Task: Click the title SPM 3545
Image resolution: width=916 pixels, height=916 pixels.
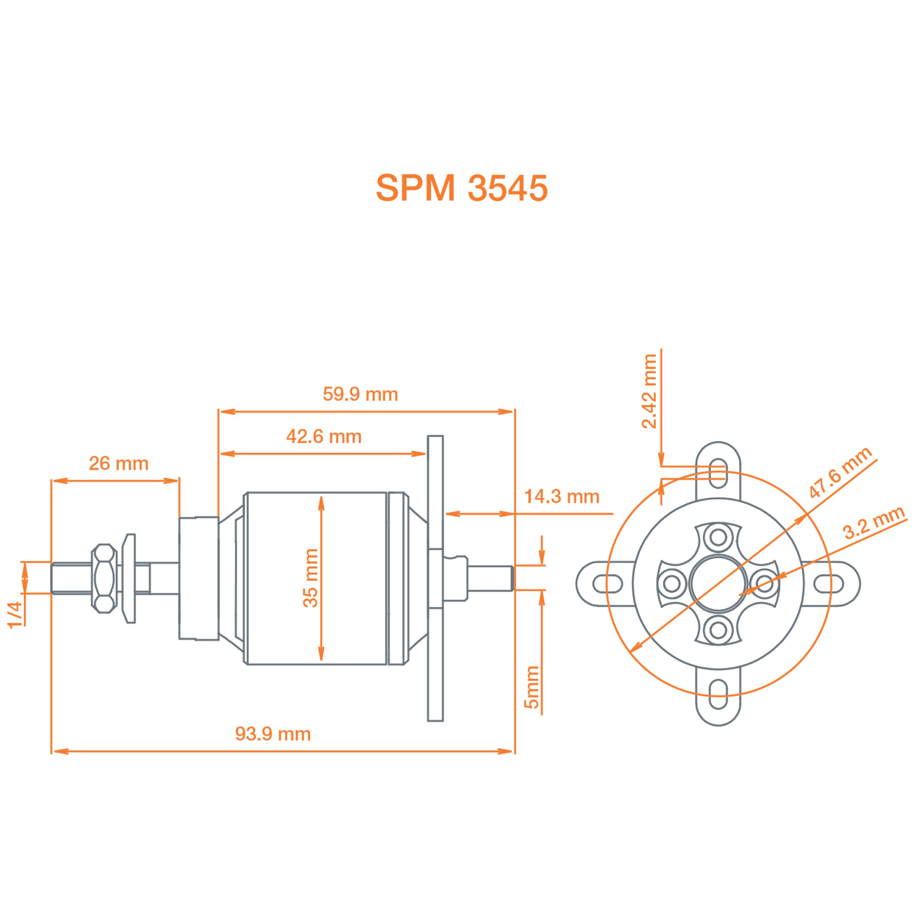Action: (461, 188)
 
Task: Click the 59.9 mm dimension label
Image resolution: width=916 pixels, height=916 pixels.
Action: (360, 394)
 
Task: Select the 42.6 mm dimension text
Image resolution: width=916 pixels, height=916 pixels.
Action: (324, 436)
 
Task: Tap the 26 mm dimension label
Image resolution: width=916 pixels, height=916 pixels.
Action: (119, 463)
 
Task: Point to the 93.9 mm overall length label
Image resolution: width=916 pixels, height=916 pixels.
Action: (273, 734)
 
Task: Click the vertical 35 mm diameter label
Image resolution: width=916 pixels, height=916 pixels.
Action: (311, 578)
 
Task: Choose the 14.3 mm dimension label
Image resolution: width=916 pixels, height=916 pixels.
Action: (562, 497)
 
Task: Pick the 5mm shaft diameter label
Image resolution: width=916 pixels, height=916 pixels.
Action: (531, 687)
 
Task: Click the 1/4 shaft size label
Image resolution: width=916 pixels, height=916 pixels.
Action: (16, 615)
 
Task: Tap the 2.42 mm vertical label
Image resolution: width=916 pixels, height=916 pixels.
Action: (649, 392)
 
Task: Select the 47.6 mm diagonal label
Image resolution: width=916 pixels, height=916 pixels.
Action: (840, 473)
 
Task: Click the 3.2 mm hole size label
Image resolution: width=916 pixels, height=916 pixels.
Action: (874, 523)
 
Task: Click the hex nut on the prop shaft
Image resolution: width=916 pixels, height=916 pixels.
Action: (104, 578)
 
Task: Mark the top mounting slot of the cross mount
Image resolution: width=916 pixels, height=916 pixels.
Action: (718, 473)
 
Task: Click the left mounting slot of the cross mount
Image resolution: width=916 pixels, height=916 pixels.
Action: (607, 583)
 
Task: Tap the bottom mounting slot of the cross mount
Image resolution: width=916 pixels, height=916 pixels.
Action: (718, 695)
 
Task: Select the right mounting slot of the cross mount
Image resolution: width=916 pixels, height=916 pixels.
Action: (829, 583)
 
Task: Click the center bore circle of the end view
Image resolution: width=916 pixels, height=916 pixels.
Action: (718, 583)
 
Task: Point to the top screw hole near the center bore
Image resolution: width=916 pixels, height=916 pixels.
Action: (718, 538)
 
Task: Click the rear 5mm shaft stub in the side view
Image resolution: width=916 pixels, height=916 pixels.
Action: (491, 578)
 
